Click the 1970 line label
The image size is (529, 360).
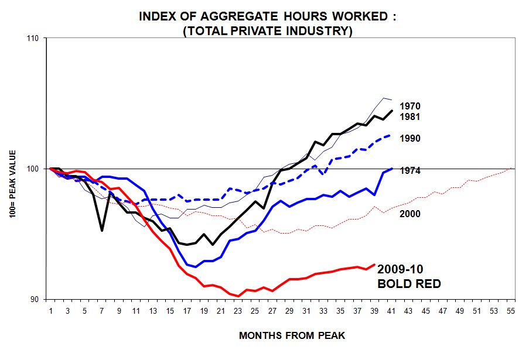pos(410,107)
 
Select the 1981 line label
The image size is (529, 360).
pos(410,116)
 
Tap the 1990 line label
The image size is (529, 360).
pos(410,138)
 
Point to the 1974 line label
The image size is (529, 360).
pos(410,171)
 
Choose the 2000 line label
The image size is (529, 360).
pos(410,214)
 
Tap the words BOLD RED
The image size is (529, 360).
pos(408,284)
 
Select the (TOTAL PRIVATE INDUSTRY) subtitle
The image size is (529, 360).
pos(268,30)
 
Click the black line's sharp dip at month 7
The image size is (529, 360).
pos(102,230)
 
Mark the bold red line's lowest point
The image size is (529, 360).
pos(238,296)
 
